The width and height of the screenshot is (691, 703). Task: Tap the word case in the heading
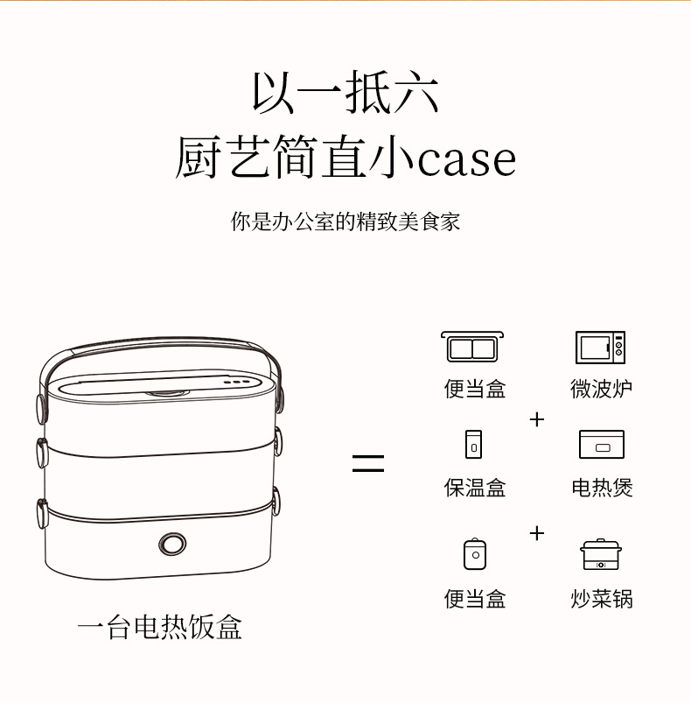(466, 159)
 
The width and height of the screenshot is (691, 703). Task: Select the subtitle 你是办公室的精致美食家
(345, 221)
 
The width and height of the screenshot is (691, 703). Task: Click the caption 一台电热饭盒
(159, 627)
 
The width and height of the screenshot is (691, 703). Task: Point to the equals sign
(368, 463)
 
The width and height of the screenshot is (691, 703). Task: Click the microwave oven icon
(601, 348)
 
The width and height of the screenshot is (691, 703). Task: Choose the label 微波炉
(602, 389)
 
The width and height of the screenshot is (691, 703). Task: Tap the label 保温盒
(475, 488)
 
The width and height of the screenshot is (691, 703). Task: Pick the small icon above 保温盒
(474, 444)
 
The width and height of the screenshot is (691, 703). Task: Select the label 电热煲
(602, 488)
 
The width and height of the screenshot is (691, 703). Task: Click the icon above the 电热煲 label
(602, 445)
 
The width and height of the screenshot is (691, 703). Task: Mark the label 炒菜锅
(602, 600)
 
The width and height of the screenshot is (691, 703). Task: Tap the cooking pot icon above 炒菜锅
(602, 555)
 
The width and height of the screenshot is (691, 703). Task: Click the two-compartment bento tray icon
(474, 347)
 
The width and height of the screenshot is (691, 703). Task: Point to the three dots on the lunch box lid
(235, 383)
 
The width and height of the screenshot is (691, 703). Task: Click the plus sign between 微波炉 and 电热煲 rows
(537, 419)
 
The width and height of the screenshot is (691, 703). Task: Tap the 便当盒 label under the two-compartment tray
(475, 389)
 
